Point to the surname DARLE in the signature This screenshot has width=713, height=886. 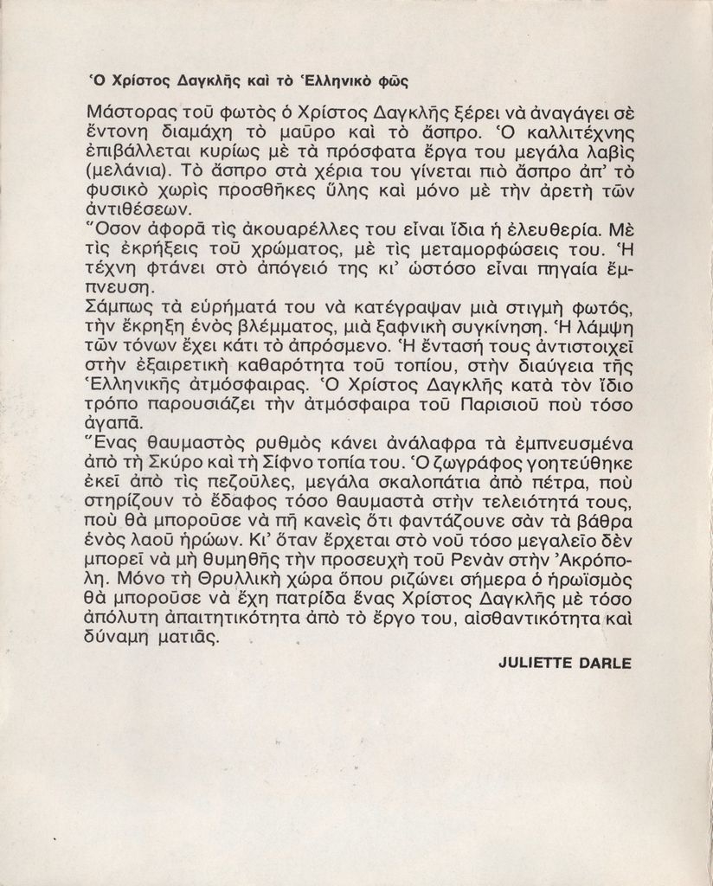(x=607, y=664)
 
